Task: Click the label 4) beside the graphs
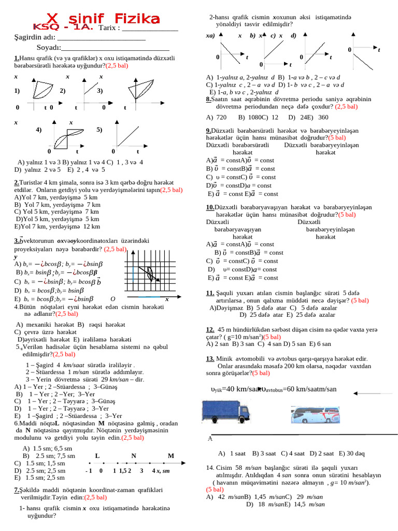tap(39, 130)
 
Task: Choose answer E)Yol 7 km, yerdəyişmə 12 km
tap(58, 226)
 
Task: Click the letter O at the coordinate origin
tap(112, 299)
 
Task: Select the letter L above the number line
tap(97, 456)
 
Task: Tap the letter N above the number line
tap(134, 456)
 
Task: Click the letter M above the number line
tap(171, 456)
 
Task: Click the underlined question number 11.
tap(210, 293)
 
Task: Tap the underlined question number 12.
tap(210, 329)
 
